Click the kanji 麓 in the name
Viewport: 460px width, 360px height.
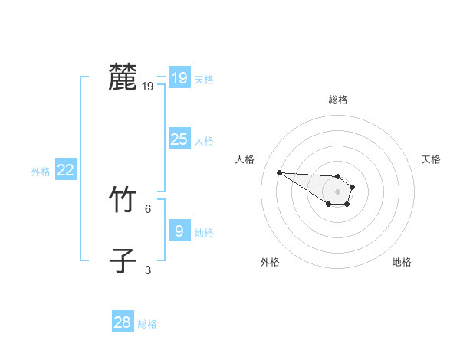click(x=123, y=77)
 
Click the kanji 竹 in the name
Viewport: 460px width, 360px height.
click(x=123, y=201)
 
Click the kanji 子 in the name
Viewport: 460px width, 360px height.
click(x=123, y=260)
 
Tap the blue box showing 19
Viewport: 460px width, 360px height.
click(x=179, y=78)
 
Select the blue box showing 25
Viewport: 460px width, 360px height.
click(x=179, y=139)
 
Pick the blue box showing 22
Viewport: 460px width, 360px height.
click(x=65, y=171)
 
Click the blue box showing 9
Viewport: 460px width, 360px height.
click(x=179, y=231)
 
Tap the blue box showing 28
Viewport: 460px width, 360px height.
click(x=122, y=322)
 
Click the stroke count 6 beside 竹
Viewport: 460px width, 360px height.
click(x=148, y=208)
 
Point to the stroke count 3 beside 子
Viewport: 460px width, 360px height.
click(x=148, y=270)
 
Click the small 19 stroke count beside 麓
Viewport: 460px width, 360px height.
click(x=147, y=87)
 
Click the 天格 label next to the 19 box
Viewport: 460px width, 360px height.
click(x=204, y=79)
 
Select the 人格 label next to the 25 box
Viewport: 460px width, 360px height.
click(x=204, y=141)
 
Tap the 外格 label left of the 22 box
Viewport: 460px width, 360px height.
click(x=41, y=172)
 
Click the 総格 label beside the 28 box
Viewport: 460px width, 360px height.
click(x=147, y=324)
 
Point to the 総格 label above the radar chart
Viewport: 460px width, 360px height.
click(x=338, y=100)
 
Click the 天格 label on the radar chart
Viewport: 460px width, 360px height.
click(x=431, y=159)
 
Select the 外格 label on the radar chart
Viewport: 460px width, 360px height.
click(x=270, y=262)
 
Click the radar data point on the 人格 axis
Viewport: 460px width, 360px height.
click(x=279, y=172)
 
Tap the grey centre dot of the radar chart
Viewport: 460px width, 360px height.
click(x=337, y=191)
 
